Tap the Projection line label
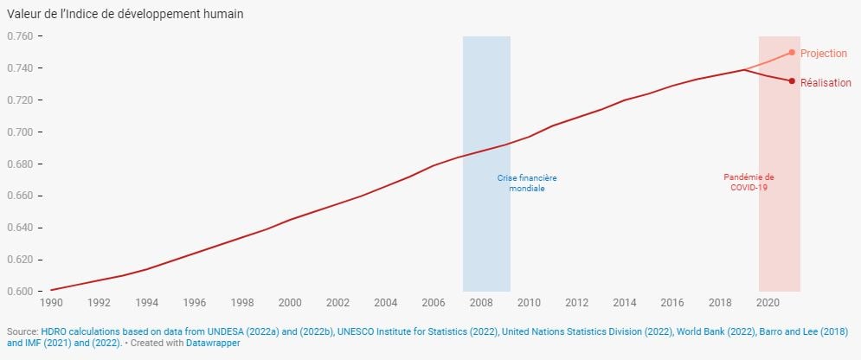coord(823,54)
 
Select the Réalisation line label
coord(826,83)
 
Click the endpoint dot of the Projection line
coord(792,52)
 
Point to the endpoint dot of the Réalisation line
coord(792,81)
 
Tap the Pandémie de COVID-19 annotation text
coord(749,182)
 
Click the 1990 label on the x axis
coord(51,303)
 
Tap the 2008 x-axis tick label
coord(481,303)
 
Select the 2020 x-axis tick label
coord(768,303)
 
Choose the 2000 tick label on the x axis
coord(290,303)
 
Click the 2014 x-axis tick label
coord(625,303)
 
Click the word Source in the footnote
coord(22,331)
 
